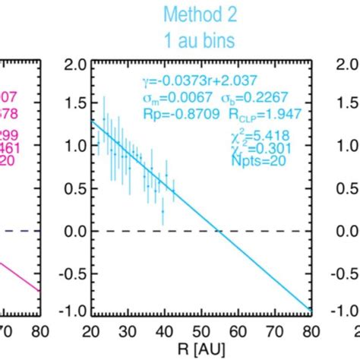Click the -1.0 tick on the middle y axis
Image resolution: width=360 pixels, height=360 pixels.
75,311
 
